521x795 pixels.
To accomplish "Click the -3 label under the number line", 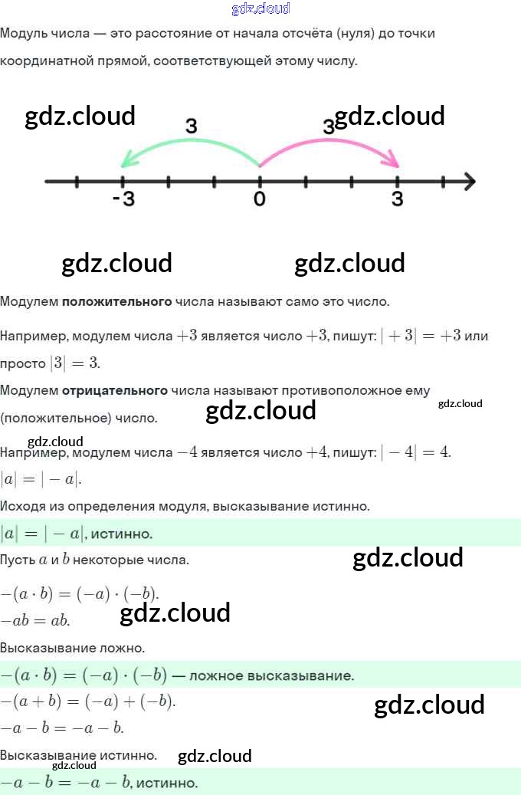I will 123,199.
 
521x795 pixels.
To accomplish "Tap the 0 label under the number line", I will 260,199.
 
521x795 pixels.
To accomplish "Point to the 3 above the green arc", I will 192,126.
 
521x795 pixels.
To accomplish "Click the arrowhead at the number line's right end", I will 469,182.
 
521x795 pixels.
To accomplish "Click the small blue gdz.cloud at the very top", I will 260,9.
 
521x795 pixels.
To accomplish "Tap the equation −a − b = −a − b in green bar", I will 66,784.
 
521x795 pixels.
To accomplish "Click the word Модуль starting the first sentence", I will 25,34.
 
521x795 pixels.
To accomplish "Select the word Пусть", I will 18,560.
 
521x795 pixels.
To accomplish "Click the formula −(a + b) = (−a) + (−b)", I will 88,701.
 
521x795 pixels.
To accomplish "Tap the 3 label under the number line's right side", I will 397,199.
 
